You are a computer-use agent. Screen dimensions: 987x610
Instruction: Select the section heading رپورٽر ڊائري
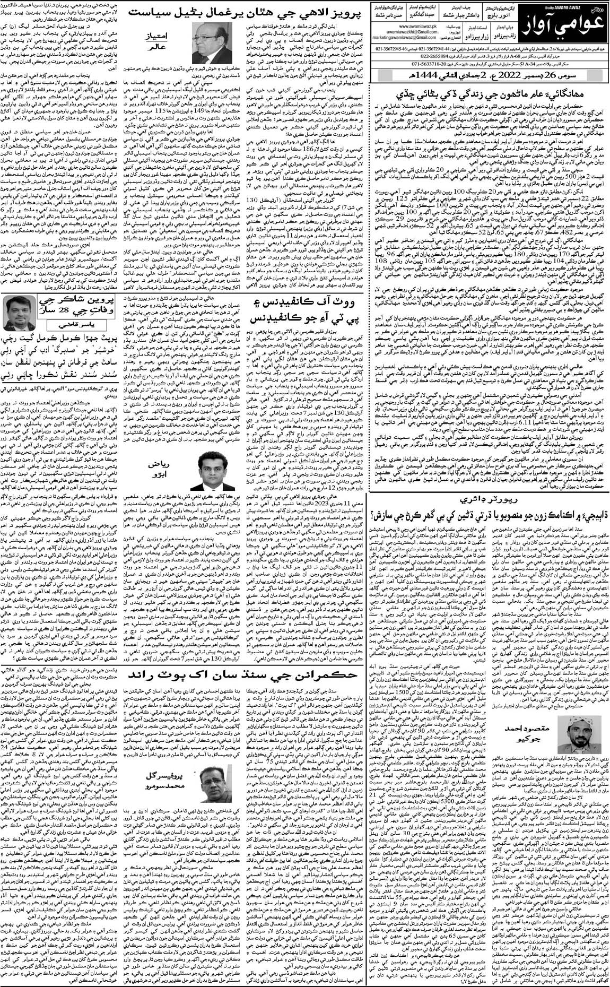[491, 500]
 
